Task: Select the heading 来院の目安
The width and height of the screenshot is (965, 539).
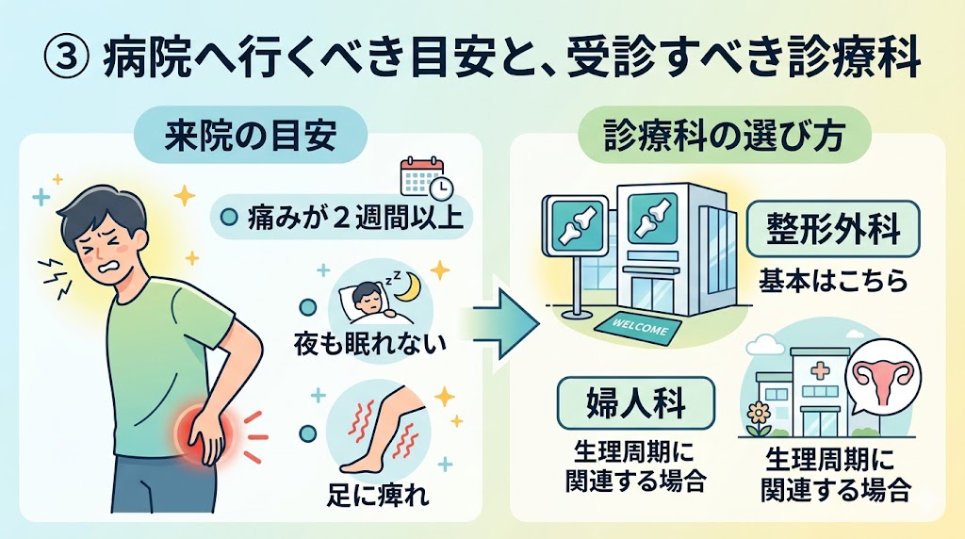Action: click(249, 137)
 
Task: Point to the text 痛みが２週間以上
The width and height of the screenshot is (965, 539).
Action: click(345, 218)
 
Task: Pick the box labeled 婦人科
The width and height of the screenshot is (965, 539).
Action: click(635, 403)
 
